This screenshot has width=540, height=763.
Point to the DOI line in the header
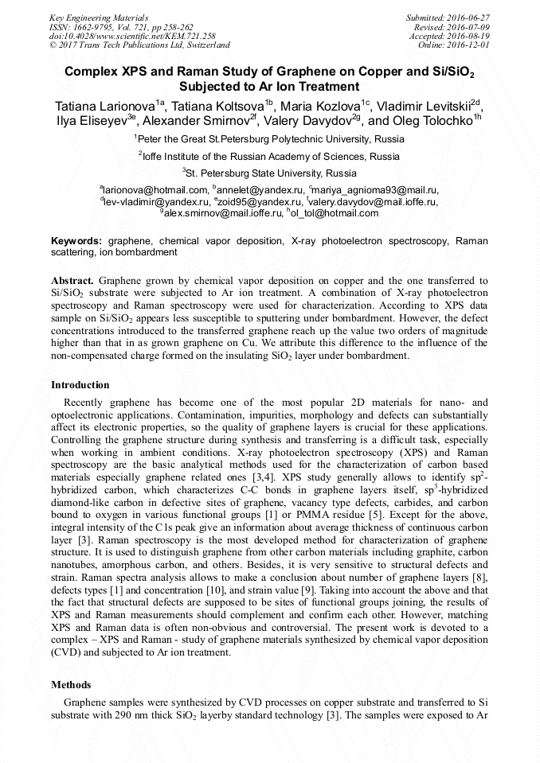[132, 37]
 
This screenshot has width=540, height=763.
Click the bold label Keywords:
[76, 240]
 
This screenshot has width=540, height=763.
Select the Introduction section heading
[80, 385]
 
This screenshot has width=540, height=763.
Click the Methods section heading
[71, 684]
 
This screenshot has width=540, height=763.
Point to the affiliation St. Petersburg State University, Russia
[272, 173]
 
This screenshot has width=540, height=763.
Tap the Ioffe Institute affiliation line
[272, 156]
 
